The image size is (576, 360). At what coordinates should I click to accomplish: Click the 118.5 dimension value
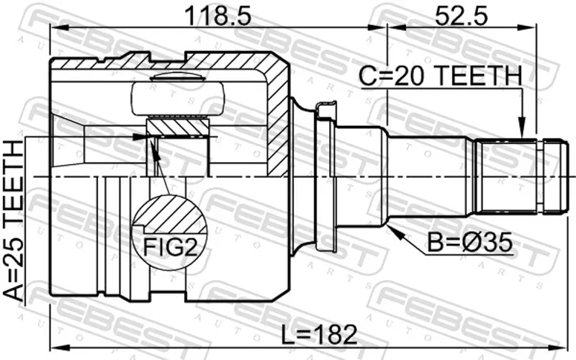(218, 16)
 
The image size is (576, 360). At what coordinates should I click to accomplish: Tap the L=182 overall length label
(319, 334)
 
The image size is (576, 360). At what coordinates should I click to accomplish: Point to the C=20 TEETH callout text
(440, 76)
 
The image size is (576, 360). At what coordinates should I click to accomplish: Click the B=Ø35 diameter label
(470, 243)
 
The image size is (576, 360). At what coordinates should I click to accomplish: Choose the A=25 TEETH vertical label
(14, 220)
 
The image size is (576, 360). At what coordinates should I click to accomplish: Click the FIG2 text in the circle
(170, 247)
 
